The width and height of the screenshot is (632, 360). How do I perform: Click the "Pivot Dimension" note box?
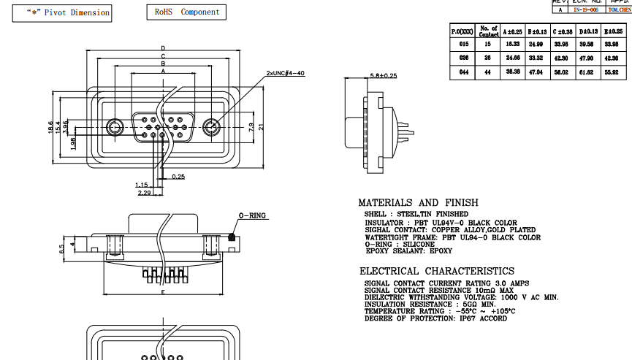[x=62, y=12]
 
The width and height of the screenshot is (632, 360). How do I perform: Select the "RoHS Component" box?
[x=186, y=12]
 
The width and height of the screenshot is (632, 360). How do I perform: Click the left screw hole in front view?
[x=115, y=127]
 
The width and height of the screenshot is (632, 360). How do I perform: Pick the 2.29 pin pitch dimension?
[x=144, y=193]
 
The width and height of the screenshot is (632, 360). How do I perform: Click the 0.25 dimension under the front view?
[x=178, y=177]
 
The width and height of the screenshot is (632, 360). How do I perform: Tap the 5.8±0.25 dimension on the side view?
[x=383, y=75]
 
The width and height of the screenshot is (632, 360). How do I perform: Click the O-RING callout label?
[x=252, y=216]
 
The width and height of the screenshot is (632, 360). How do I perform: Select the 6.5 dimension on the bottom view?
[x=63, y=248]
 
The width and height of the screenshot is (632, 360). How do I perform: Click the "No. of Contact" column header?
[x=488, y=31]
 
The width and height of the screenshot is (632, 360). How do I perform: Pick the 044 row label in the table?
[x=463, y=72]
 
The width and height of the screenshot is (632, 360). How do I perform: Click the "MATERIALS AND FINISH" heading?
[x=419, y=203]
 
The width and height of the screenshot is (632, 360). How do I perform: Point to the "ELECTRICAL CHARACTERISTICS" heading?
[x=436, y=271]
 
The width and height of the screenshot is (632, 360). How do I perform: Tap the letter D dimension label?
[x=163, y=48]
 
